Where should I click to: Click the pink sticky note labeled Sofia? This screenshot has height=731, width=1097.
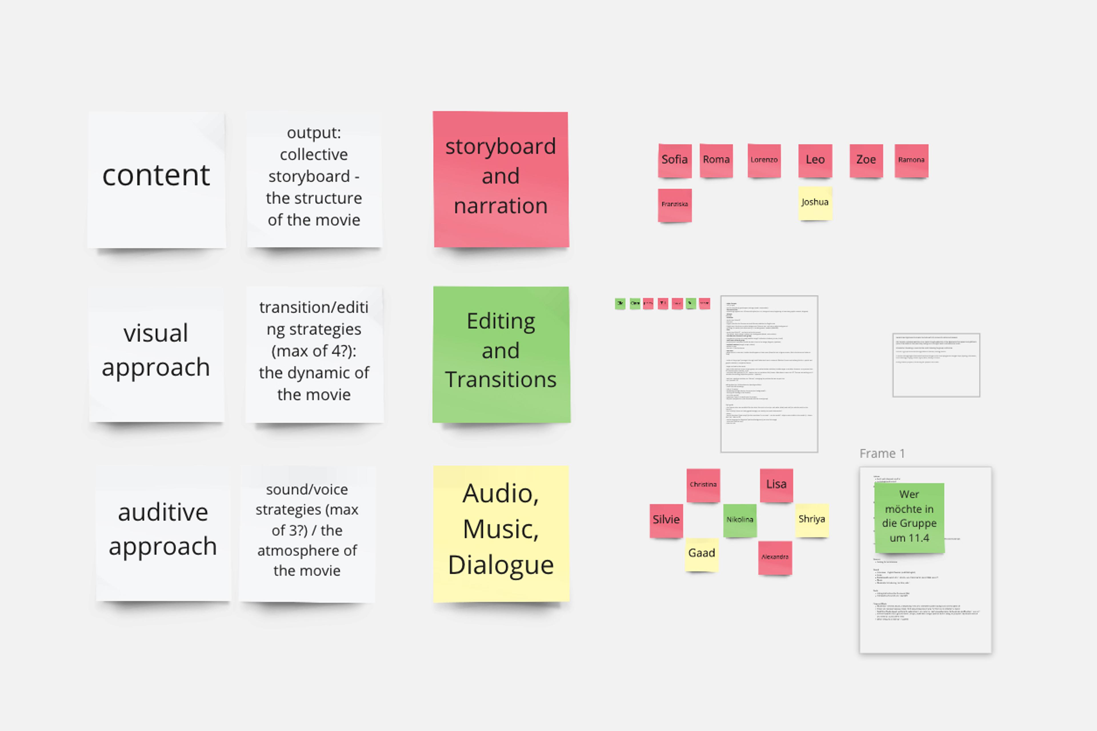[x=674, y=160]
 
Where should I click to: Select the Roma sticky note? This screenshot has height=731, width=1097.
[x=716, y=160]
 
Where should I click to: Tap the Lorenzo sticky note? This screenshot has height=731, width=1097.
[x=764, y=160]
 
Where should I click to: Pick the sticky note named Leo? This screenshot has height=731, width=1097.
[x=815, y=160]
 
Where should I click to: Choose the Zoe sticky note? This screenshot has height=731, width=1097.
[x=866, y=160]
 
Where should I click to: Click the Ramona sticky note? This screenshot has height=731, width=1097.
[x=911, y=160]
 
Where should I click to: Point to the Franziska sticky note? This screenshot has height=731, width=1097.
[x=674, y=205]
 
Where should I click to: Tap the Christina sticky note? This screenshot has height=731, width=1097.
[x=703, y=485]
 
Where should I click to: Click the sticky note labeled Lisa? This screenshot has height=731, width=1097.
[x=776, y=485]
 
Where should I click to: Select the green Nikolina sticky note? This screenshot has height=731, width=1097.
[x=739, y=520]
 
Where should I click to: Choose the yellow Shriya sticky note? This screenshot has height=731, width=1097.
[x=812, y=519]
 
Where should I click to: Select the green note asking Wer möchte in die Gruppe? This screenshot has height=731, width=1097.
[x=909, y=518]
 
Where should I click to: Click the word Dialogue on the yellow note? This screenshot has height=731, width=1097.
[x=501, y=565]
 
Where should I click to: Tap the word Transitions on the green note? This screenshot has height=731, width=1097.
[x=501, y=379]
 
